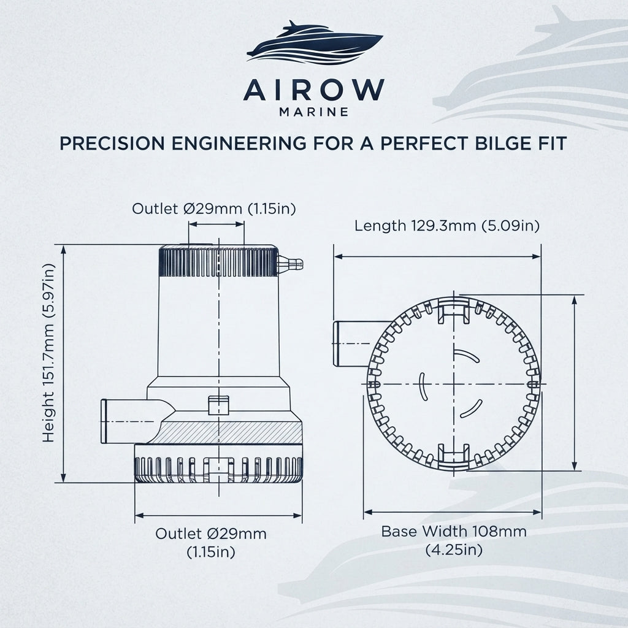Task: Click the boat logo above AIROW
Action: click(315, 42)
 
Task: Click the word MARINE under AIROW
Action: click(313, 112)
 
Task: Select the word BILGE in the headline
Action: click(500, 144)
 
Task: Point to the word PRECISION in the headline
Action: click(112, 144)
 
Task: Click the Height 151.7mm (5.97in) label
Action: click(48, 353)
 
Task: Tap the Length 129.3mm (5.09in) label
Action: click(447, 226)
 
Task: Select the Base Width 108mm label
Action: click(454, 532)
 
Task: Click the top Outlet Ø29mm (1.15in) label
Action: click(214, 209)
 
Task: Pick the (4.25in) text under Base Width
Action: click(454, 550)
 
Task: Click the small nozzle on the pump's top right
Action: click(291, 264)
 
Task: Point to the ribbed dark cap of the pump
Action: click(219, 261)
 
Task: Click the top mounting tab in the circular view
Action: click(454, 310)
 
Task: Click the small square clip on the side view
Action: click(219, 405)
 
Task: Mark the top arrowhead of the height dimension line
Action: click(63, 250)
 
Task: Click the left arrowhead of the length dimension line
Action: click(339, 256)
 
